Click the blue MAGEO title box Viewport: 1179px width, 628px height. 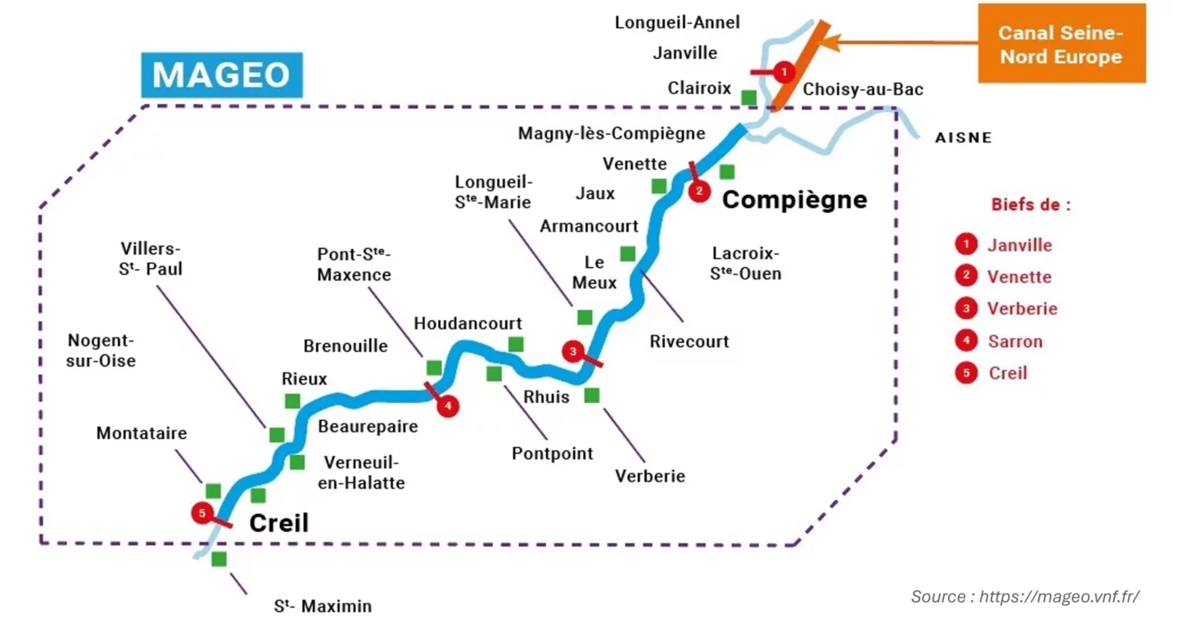(221, 75)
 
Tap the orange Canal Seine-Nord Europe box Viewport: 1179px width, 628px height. (1061, 44)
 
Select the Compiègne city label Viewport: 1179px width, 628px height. (794, 199)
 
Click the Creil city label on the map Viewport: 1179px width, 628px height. (278, 522)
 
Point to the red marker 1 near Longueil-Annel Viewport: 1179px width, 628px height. (784, 72)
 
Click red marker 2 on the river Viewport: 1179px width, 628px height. (698, 192)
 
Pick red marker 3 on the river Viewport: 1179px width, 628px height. (573, 351)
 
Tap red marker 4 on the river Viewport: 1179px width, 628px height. (448, 405)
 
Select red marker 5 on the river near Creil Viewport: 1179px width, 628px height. (202, 513)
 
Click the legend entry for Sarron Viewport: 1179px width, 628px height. (1015, 341)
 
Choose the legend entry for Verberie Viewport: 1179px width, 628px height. (1023, 309)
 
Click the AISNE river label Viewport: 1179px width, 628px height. (964, 138)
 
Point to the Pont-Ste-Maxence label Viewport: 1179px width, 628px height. (355, 264)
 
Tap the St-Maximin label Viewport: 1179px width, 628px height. (323, 607)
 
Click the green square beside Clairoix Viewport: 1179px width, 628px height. (748, 97)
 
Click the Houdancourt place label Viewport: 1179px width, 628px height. (468, 323)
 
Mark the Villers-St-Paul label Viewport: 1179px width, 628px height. (151, 258)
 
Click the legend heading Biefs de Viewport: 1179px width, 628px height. (1030, 205)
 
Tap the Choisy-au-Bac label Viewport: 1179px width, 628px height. (863, 89)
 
